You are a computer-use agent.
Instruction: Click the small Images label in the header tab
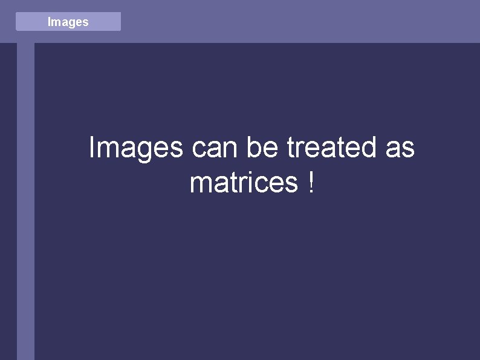click(x=68, y=22)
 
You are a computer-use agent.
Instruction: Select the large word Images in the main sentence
click(x=135, y=148)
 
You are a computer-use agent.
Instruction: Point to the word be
click(x=263, y=148)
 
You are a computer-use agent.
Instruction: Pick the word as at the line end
click(x=400, y=148)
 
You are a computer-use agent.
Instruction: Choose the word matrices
click(x=244, y=183)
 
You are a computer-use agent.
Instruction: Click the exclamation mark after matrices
click(x=311, y=183)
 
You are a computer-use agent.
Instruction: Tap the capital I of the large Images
click(x=91, y=148)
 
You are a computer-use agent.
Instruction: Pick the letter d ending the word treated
click(x=369, y=148)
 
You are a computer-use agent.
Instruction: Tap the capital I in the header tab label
click(x=49, y=22)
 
